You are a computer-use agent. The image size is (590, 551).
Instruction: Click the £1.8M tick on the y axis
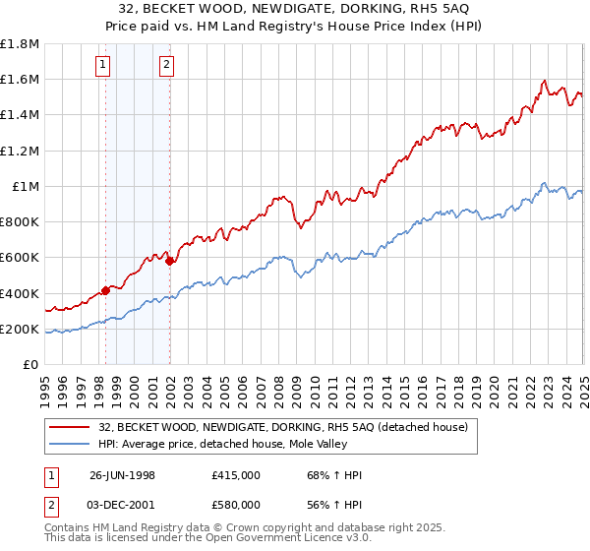pyautogui.click(x=20, y=44)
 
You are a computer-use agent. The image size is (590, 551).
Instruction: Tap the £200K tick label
pyautogui.click(x=20, y=329)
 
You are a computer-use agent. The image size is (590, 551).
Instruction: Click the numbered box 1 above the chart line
pyautogui.click(x=103, y=66)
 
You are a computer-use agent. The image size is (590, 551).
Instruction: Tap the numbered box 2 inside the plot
pyautogui.click(x=166, y=66)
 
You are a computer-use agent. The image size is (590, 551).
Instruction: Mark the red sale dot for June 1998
pyautogui.click(x=106, y=290)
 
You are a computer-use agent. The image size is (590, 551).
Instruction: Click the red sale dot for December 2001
pyautogui.click(x=168, y=261)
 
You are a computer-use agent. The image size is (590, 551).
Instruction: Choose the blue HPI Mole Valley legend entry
pyautogui.click(x=237, y=443)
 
